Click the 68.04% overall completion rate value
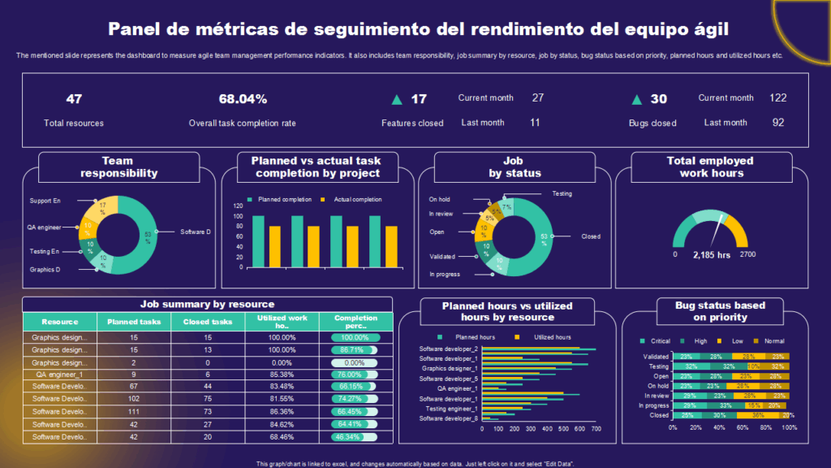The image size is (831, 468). tap(242, 99)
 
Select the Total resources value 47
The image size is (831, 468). tap(74, 99)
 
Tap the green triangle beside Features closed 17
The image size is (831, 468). tap(397, 100)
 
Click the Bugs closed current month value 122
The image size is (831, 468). tap(777, 97)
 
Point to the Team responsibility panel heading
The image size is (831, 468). tap(118, 167)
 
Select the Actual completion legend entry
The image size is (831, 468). tap(357, 199)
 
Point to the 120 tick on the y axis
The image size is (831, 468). tap(238, 206)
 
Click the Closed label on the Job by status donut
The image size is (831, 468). tap(591, 236)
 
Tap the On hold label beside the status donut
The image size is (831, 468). tap(439, 198)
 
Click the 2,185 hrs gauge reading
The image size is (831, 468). tap(712, 254)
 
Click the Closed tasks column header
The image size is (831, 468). tap(207, 322)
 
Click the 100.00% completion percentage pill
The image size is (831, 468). tap(355, 337)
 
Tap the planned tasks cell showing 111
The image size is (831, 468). tap(134, 412)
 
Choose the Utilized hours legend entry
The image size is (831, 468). tap(551, 336)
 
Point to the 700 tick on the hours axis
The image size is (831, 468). tap(595, 428)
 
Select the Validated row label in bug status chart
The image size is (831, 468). tap(656, 357)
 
